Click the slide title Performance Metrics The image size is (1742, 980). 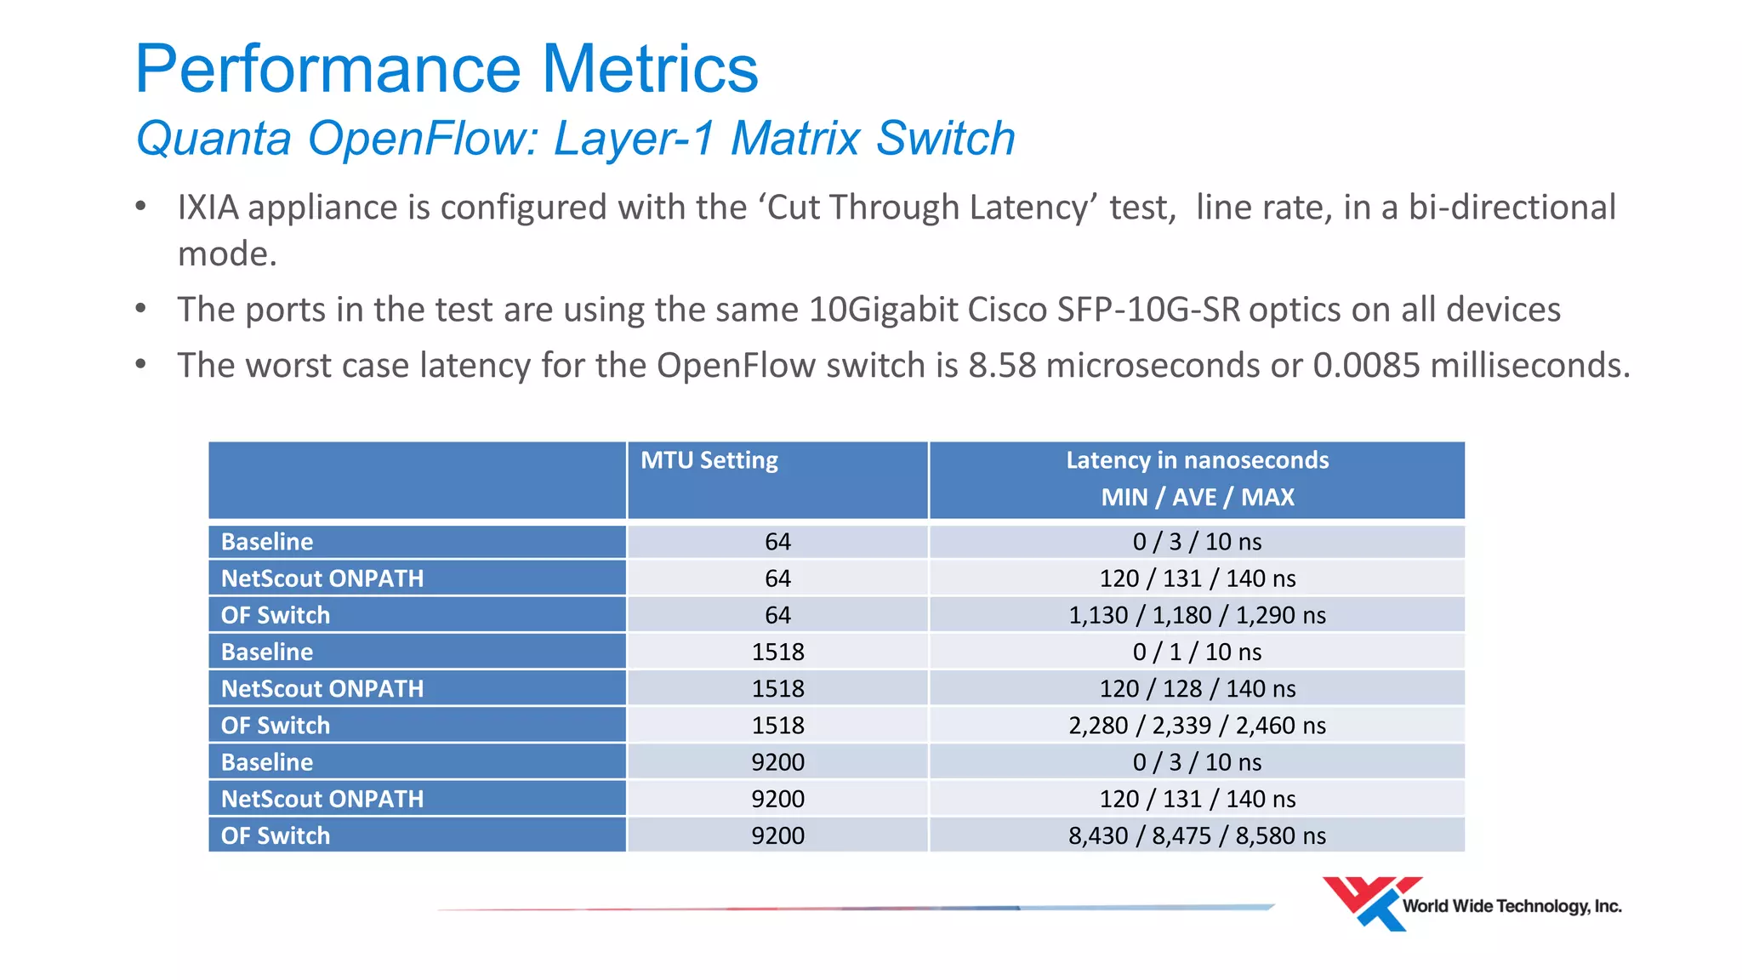[446, 70]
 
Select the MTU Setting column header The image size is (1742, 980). [709, 460]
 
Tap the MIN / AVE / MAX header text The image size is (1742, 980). [1197, 497]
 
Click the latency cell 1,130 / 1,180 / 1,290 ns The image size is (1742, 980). [1197, 615]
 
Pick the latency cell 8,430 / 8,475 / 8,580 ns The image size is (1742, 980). [1197, 835]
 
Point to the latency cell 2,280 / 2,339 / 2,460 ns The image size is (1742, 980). [1197, 726]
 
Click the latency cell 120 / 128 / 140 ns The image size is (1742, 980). [1197, 688]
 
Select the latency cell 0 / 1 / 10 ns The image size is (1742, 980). [1197, 652]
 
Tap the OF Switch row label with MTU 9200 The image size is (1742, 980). [276, 835]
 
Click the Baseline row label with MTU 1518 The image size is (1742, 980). [267, 652]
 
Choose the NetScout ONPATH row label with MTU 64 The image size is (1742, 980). [322, 578]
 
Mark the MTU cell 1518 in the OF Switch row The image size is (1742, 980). [777, 726]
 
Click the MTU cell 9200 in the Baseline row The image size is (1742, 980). [777, 762]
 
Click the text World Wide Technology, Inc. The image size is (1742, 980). [1511, 906]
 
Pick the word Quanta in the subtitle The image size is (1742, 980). [213, 139]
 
